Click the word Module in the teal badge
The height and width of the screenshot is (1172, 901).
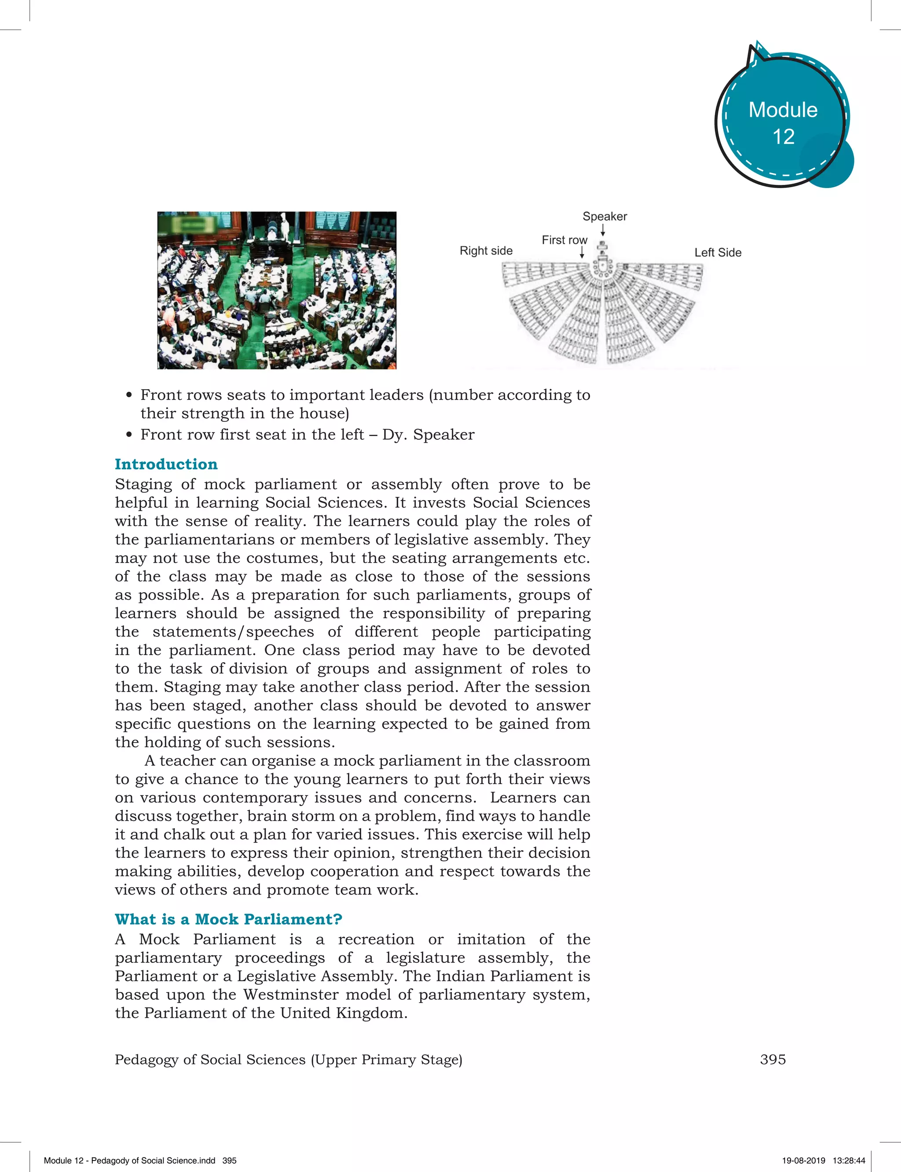783,110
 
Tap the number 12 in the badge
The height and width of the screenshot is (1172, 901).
783,137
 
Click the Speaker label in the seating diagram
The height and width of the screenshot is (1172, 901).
604,216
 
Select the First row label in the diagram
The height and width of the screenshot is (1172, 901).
564,240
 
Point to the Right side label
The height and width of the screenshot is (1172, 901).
486,251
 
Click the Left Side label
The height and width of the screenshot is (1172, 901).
718,252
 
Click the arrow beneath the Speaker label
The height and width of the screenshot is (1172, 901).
603,230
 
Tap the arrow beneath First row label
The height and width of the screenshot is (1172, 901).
582,252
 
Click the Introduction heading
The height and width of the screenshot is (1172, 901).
166,464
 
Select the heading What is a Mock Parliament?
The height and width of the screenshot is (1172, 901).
228,919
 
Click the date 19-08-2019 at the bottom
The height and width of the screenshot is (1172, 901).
803,1160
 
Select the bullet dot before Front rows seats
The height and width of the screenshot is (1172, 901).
129,395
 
